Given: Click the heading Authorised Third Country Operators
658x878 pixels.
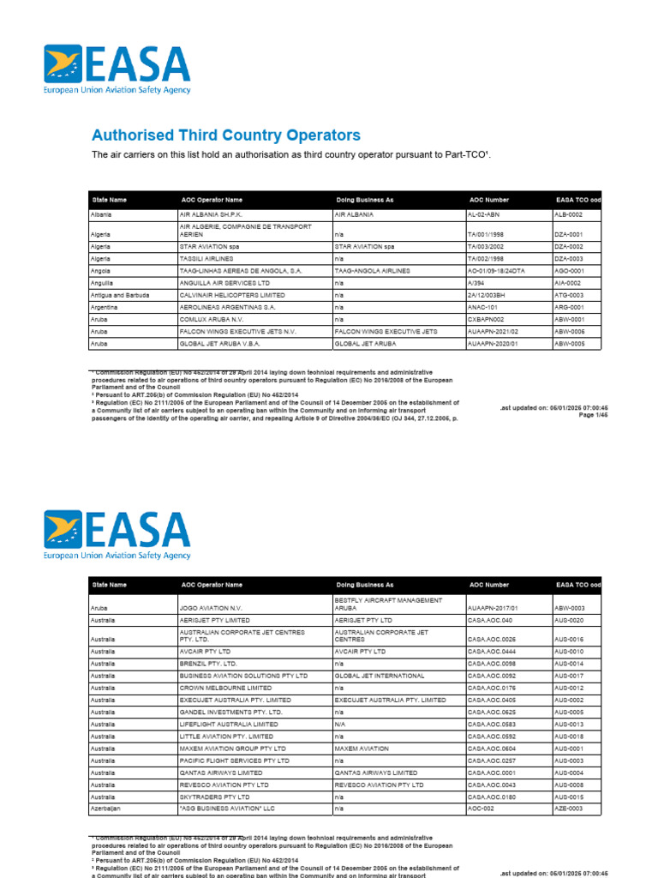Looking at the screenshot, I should pos(226,135).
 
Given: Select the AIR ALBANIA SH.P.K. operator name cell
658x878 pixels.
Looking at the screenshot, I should pos(209,215).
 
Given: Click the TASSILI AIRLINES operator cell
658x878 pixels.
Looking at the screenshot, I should pos(208,258).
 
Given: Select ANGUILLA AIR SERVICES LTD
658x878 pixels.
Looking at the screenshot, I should pos(224,282).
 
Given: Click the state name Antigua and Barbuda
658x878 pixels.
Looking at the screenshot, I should pos(120,295).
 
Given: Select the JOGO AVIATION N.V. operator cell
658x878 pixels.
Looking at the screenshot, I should pos(209,607).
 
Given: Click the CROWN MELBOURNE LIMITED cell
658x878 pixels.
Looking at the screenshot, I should pos(225,688).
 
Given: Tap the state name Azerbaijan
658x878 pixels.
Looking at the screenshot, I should pos(108,809).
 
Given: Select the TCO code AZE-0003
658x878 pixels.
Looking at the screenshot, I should pos(569,809).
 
